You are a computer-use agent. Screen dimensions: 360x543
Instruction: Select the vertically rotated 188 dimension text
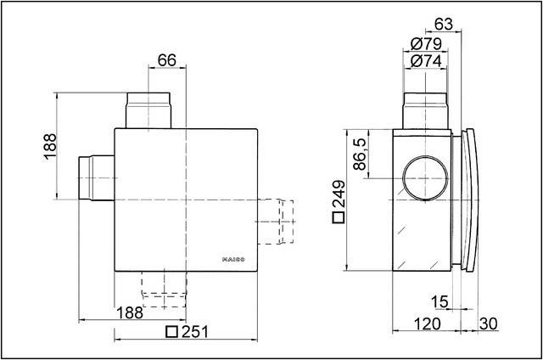(49, 147)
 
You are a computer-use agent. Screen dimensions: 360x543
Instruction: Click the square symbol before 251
(171, 332)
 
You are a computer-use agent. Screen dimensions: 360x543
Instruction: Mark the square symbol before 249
(338, 218)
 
